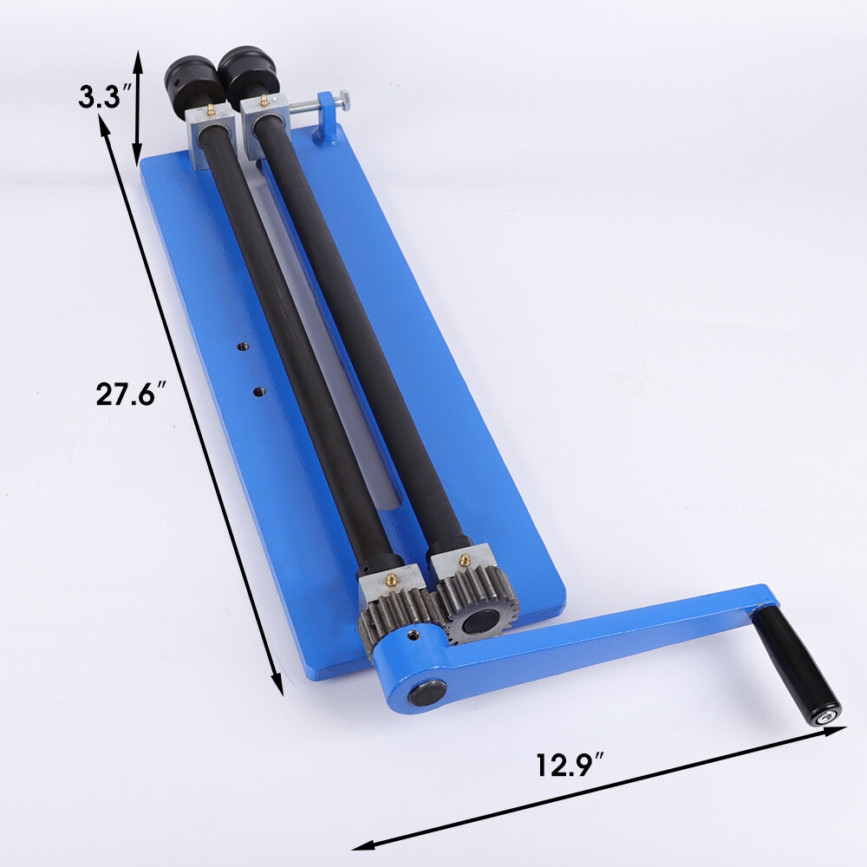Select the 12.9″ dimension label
point(568,765)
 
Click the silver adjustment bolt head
point(346,102)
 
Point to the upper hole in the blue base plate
point(244,347)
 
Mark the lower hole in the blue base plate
point(257,392)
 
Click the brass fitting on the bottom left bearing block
point(393,571)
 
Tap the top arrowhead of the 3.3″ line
point(137,54)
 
